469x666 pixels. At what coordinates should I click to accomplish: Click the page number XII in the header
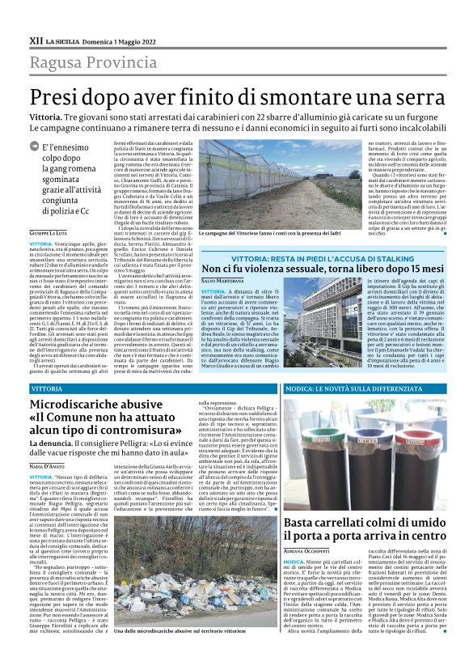36,40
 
